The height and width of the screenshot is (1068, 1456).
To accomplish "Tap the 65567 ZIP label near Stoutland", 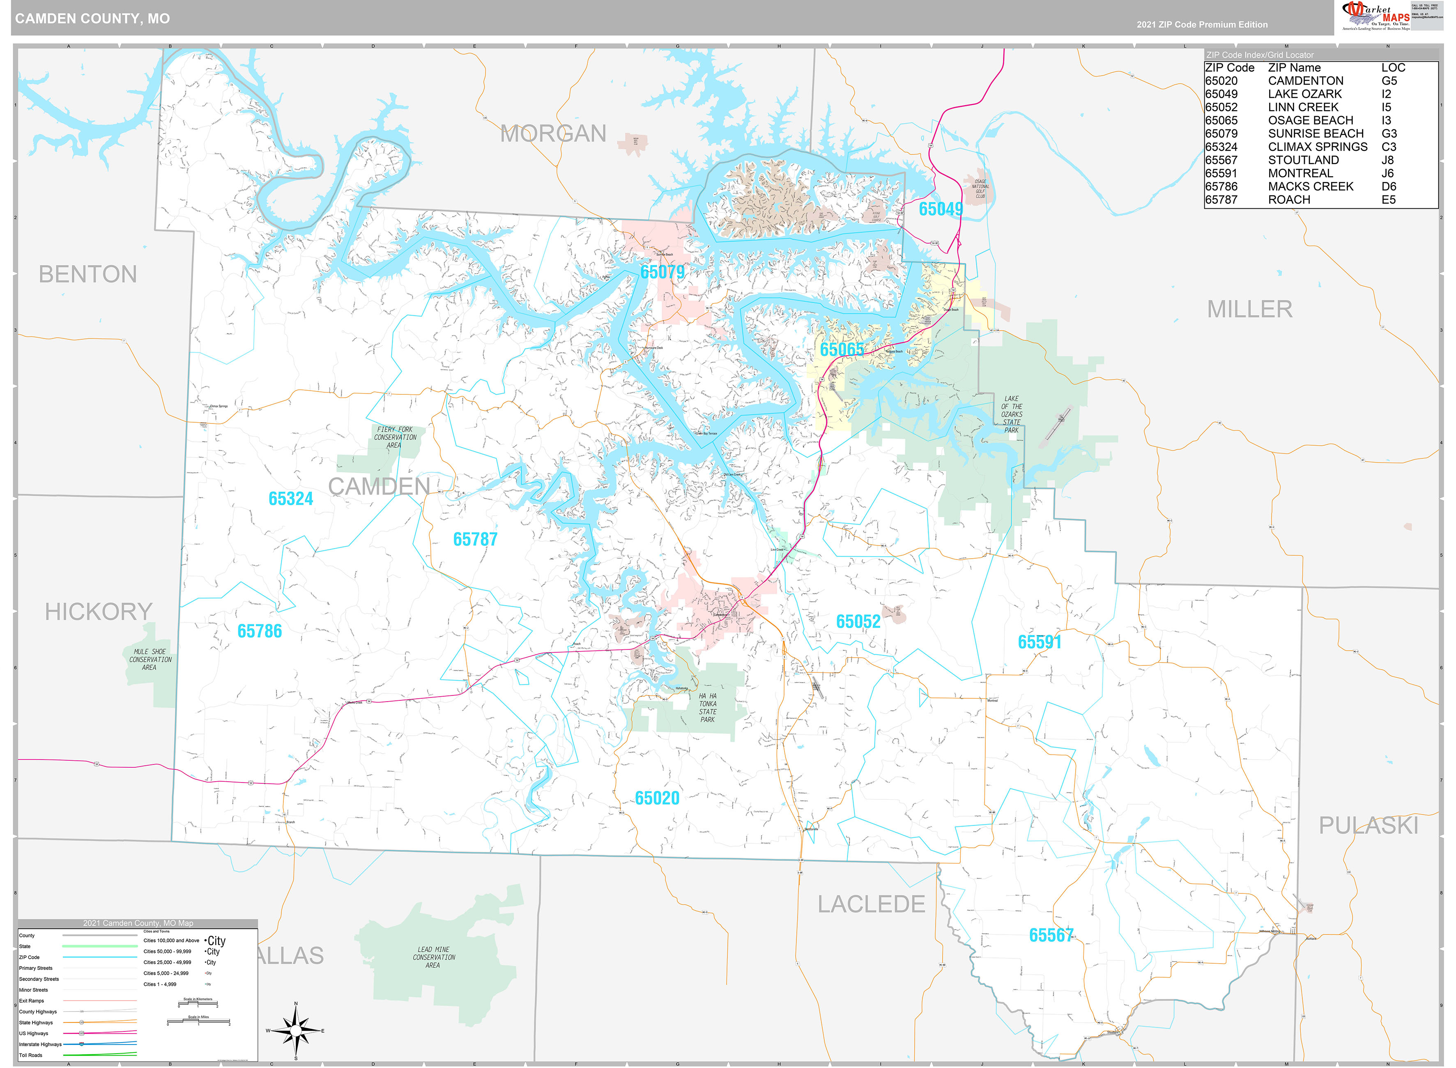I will tap(1051, 935).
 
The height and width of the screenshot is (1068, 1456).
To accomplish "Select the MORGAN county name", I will tap(553, 134).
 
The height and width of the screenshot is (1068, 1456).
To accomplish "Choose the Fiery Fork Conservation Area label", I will tap(395, 437).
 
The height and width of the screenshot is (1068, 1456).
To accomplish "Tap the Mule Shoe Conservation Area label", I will tap(150, 659).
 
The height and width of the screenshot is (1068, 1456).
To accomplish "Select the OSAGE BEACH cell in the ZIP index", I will tap(1310, 120).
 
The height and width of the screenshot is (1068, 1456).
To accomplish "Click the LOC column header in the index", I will tap(1393, 68).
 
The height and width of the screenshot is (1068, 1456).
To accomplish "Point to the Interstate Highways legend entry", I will tap(40, 1044).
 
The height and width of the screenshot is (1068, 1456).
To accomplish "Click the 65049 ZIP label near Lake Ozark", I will tap(940, 209).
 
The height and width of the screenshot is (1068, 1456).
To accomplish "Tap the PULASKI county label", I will tap(1368, 826).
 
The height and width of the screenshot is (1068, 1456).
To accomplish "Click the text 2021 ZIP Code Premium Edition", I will tap(1202, 25).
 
